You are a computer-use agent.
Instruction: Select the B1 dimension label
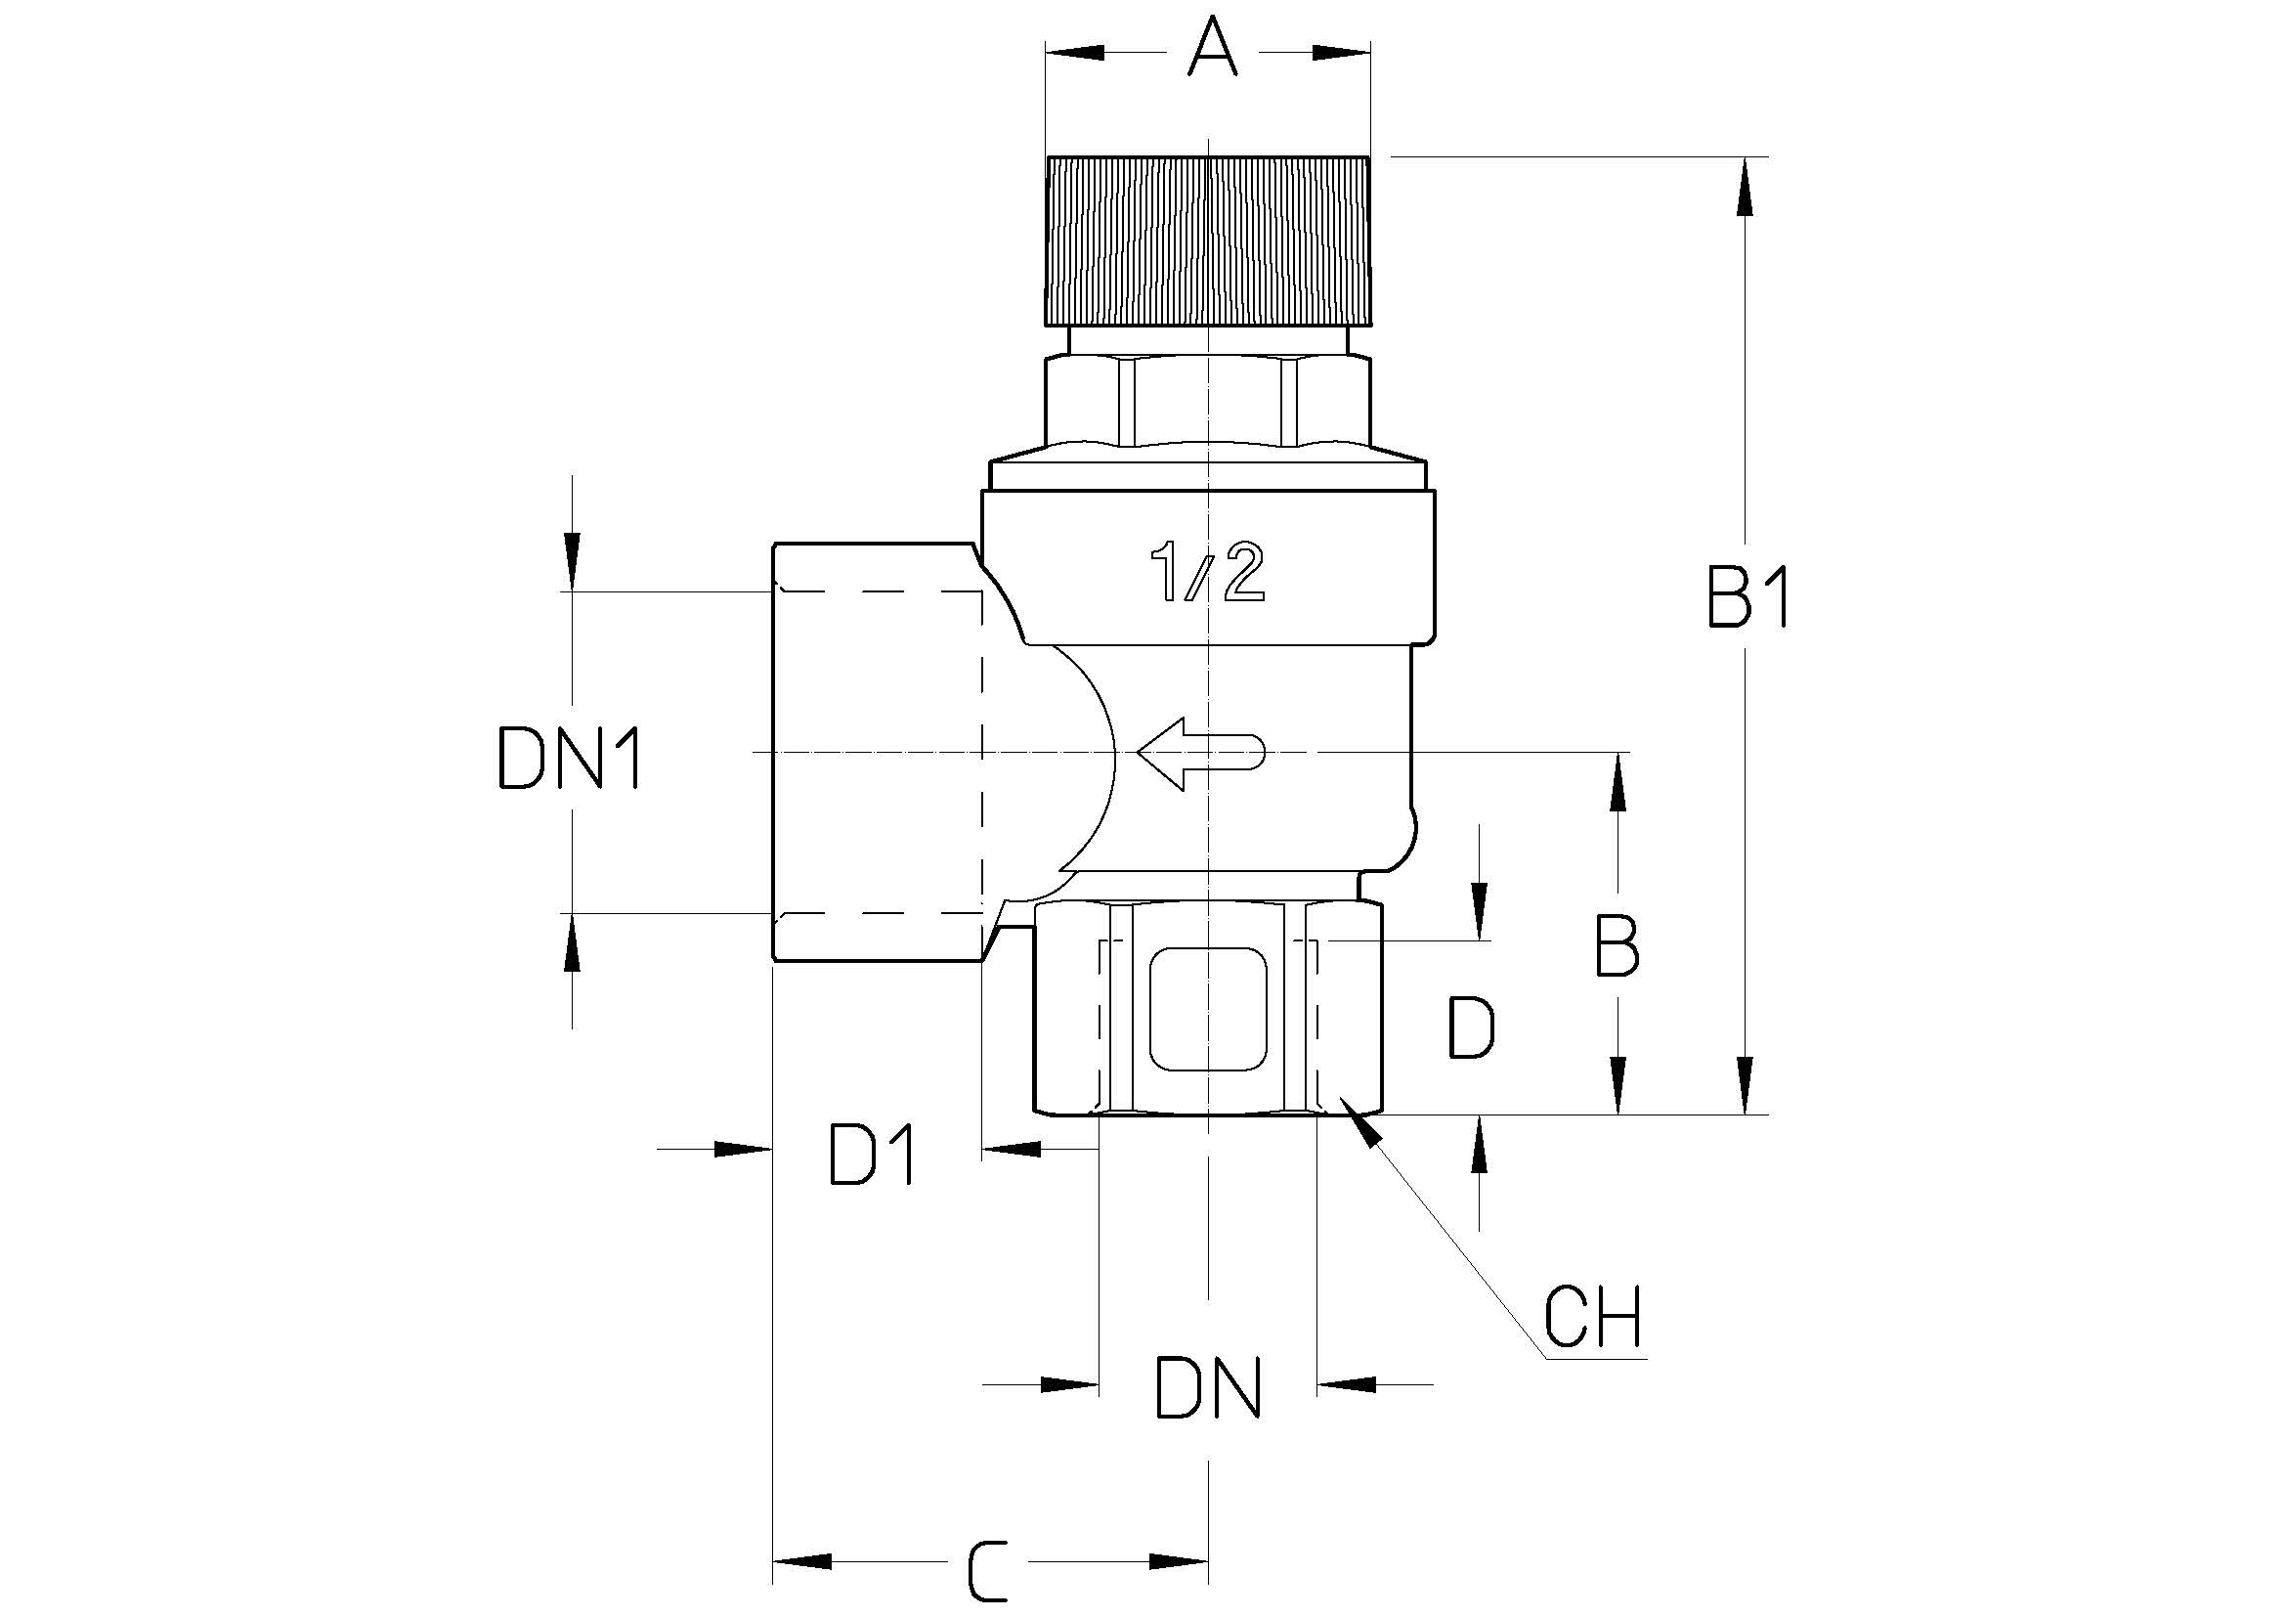[x=1749, y=598]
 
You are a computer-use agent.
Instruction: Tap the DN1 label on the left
[x=570, y=759]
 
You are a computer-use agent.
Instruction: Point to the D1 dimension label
[x=873, y=1155]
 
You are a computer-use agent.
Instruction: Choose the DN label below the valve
[x=1208, y=1387]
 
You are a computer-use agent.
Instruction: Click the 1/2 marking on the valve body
[x=1207, y=573]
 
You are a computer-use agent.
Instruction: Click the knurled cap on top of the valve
[x=1208, y=240]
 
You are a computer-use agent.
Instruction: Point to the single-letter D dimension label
[x=1471, y=1027]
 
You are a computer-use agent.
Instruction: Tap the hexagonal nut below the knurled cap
[x=1208, y=402]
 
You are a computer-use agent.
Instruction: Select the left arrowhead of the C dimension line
[x=802, y=1561]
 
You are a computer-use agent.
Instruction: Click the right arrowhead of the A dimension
[x=1342, y=52]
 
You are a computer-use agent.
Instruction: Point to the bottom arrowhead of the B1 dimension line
[x=1744, y=1084]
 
